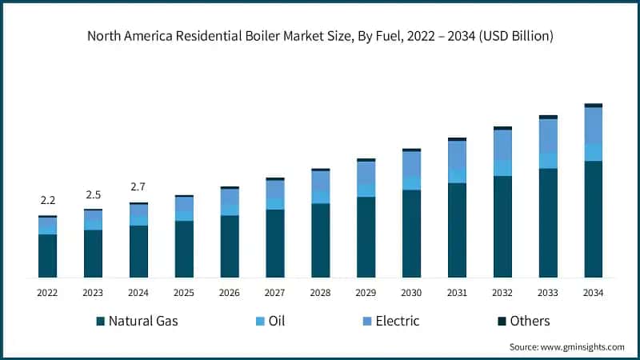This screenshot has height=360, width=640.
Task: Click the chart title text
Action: coord(320,36)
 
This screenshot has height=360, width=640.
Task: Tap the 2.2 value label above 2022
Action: coord(47,201)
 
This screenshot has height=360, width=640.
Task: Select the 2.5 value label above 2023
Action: coord(93,194)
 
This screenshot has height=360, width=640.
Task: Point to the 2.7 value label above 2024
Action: coord(138,187)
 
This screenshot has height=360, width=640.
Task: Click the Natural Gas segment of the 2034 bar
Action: coord(593,219)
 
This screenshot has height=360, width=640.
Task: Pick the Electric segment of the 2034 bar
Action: coord(593,126)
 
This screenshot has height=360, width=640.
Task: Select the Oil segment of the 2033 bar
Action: coord(547,161)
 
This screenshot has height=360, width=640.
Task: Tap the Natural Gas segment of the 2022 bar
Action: coord(47,256)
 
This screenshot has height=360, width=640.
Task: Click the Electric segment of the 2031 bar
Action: coord(457,155)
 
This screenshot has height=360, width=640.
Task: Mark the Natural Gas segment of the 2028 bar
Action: coord(320,240)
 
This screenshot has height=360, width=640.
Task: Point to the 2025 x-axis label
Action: coord(184,294)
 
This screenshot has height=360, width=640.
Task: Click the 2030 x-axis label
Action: coord(411,294)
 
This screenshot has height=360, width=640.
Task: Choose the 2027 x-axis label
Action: coord(274,294)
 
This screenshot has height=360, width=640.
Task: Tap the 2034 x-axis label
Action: coord(593,294)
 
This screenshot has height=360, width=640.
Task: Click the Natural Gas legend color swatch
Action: coord(100,322)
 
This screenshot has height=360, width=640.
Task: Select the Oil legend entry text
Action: coord(276,322)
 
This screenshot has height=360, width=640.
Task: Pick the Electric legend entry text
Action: coord(398,322)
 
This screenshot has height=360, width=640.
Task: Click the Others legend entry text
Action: coord(530,322)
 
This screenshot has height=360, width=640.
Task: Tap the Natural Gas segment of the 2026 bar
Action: coord(230,246)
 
